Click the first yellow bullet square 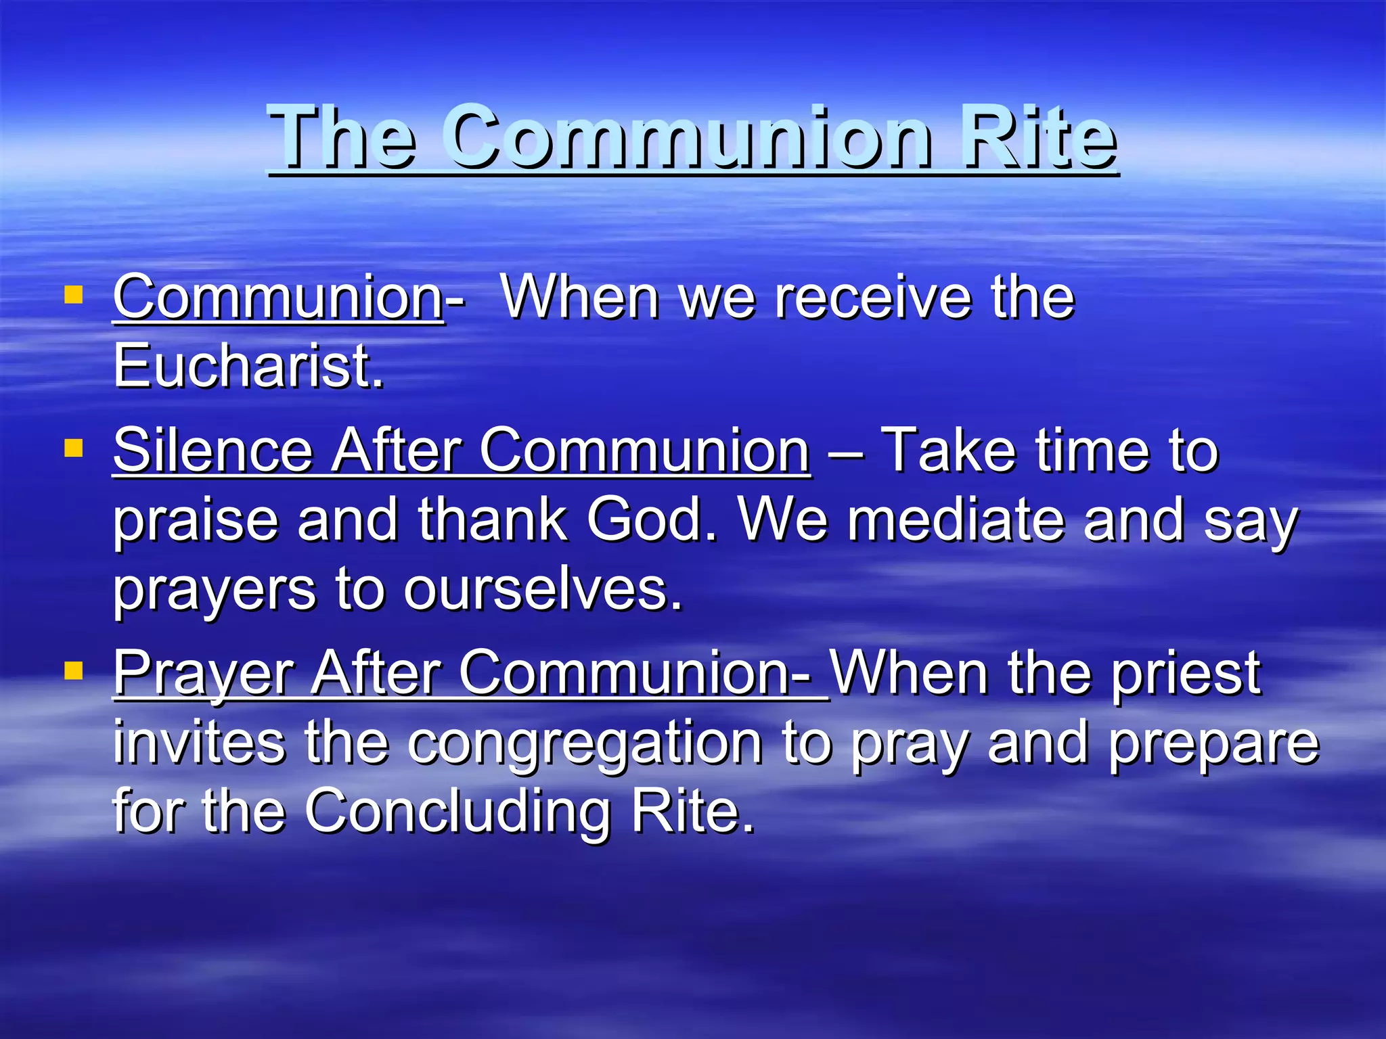coord(73,295)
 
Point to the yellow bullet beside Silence coord(73,448)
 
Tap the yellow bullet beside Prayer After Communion coord(73,670)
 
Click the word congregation coord(585,744)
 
